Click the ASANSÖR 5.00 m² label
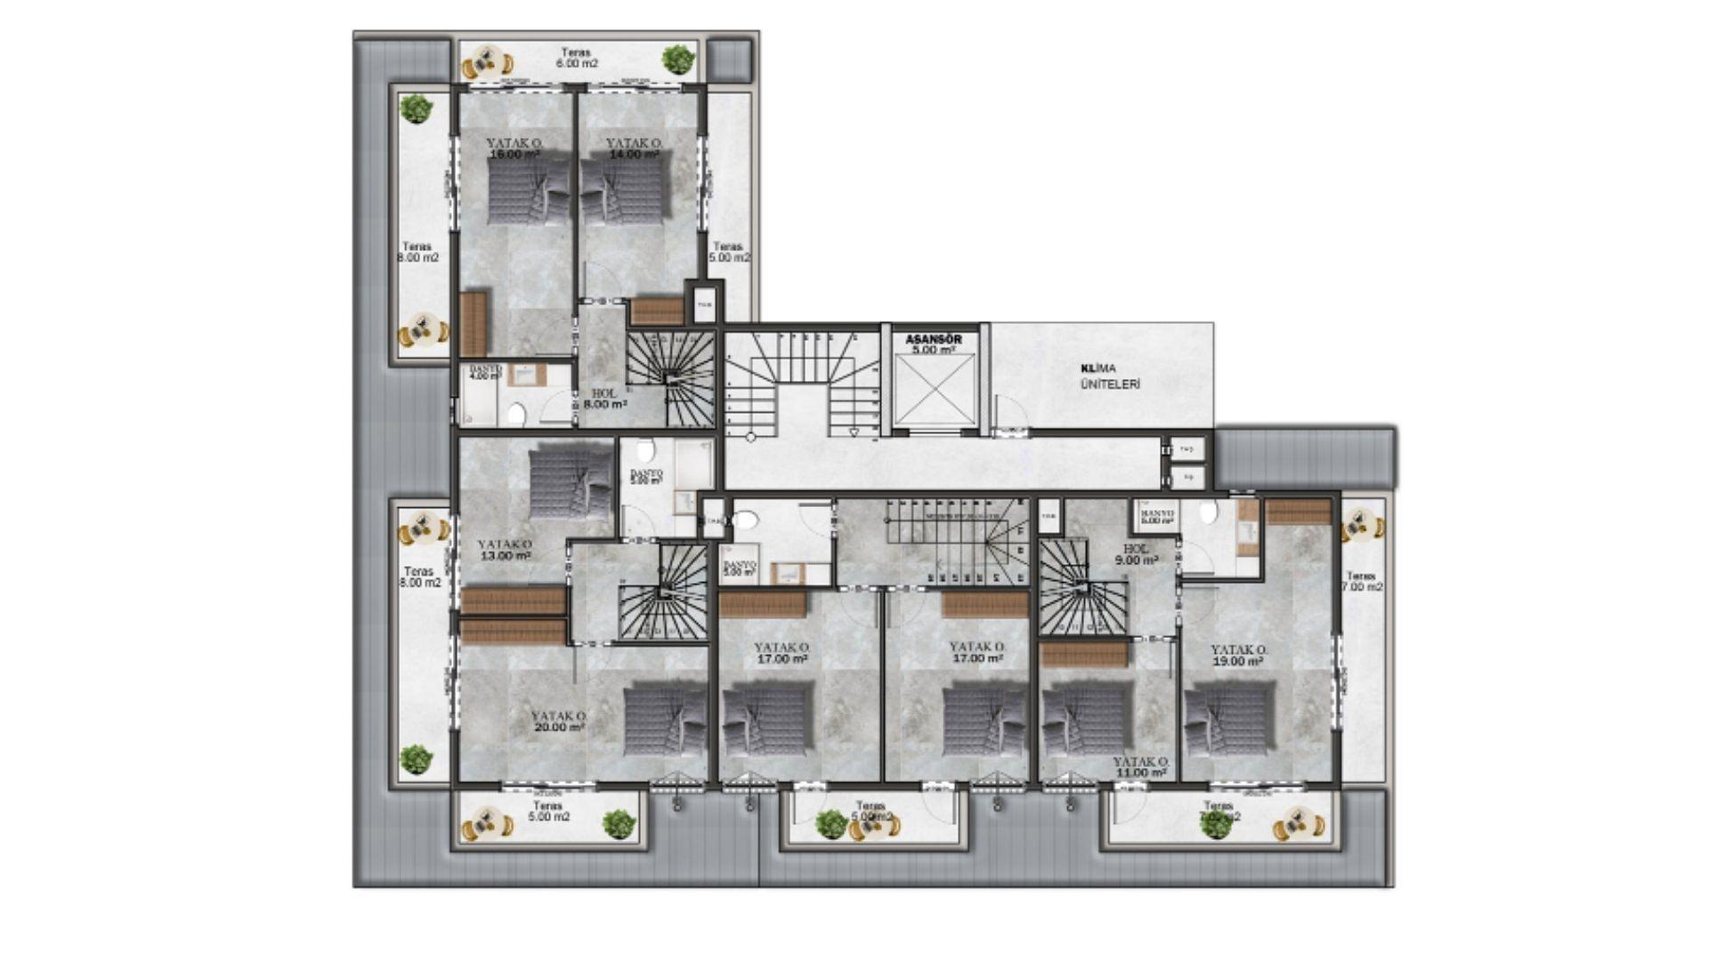tap(933, 344)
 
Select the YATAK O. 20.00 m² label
tap(559, 721)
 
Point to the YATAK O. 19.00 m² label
tap(1238, 656)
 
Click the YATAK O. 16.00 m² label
tap(514, 149)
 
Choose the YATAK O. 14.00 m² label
tap(634, 149)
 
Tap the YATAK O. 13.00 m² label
tap(505, 550)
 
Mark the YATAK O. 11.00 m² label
tap(1140, 768)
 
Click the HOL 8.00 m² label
tap(604, 399)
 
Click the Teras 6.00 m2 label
tap(577, 58)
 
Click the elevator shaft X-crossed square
tap(934, 391)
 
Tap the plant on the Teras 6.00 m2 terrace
tap(678, 60)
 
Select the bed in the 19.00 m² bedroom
tap(1230, 719)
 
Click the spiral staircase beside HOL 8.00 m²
tap(672, 379)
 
